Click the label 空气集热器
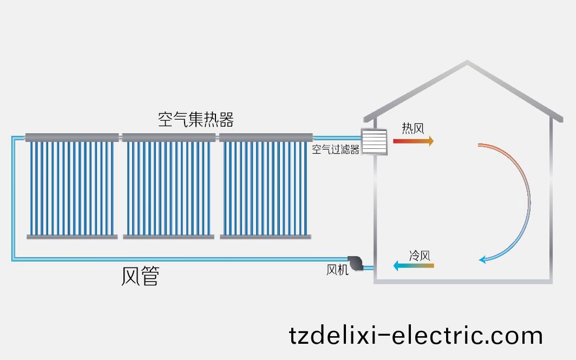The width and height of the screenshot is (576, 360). tap(195, 120)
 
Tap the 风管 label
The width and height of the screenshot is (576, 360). tap(140, 276)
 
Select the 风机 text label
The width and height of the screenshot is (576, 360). tap(337, 269)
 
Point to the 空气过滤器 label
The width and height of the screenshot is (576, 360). tap(336, 150)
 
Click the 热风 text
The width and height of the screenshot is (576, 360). tap(413, 128)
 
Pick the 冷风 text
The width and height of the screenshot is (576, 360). tap(420, 255)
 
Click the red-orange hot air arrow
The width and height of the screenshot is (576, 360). tap(413, 141)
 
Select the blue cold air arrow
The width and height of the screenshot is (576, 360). tap(413, 265)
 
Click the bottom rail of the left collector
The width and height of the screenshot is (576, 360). tap(72, 237)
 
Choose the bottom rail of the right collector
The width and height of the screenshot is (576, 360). tap(266, 237)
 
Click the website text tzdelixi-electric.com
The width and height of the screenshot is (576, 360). tap(416, 335)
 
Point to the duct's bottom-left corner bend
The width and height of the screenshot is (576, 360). tap(14, 259)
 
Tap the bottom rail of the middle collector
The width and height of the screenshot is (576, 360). tap(168, 237)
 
